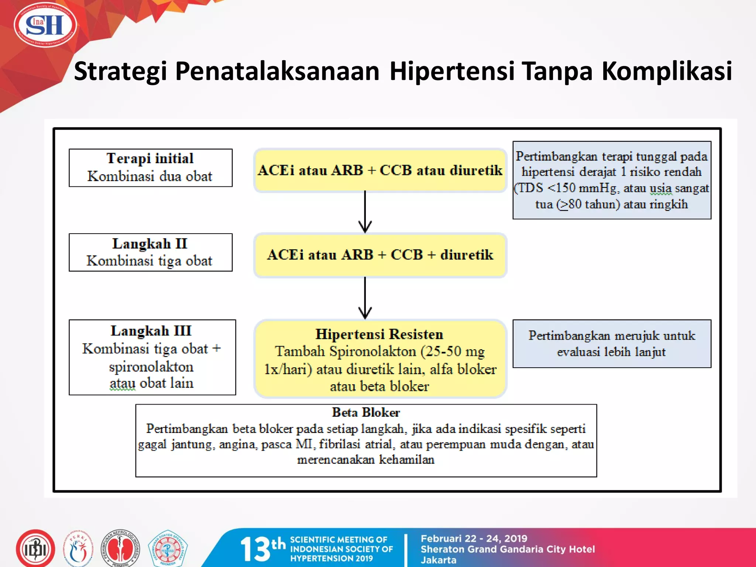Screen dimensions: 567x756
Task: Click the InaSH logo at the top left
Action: pos(45,25)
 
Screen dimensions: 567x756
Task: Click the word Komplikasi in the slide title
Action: pos(667,71)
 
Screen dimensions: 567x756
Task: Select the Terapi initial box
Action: pos(150,168)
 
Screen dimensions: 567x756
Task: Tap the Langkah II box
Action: pos(150,252)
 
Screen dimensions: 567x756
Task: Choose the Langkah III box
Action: pos(152,357)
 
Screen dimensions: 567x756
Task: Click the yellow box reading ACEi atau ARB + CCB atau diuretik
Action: pos(380,171)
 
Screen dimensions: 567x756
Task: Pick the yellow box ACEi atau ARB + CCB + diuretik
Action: pos(380,255)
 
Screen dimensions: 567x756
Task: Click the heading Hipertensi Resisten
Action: pos(379,334)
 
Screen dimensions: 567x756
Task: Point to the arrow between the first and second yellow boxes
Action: pos(365,212)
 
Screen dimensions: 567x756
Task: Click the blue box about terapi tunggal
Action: pos(612,180)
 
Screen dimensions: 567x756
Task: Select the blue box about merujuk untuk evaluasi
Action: pos(612,343)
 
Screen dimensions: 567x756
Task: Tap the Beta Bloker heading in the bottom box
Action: pos(366,412)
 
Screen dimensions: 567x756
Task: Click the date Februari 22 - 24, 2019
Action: pos(474,539)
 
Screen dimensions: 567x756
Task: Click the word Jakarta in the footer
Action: pos(439,560)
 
